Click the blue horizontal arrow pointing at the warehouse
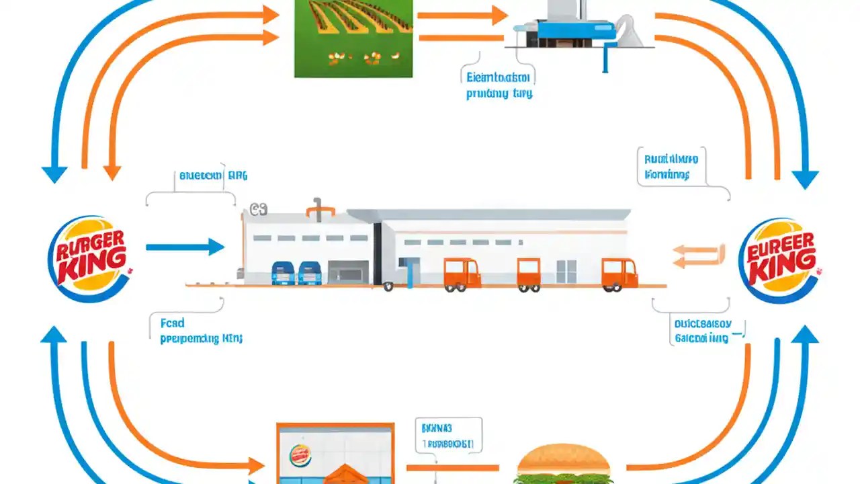(185, 247)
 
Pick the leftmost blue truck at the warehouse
(282, 272)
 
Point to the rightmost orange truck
(619, 274)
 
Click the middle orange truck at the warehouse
(529, 274)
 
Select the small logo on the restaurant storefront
(300, 455)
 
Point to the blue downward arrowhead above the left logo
(54, 173)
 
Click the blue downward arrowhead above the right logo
(805, 178)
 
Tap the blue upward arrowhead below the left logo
(54, 334)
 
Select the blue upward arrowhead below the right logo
(805, 334)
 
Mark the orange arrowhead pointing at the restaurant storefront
(256, 465)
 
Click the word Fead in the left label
(173, 323)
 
